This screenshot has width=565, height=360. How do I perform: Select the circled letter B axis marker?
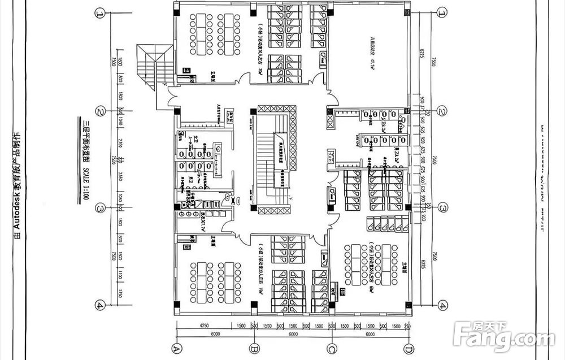[254, 347]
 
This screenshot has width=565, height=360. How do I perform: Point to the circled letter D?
[408, 347]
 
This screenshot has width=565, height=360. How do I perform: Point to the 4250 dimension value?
[205, 327]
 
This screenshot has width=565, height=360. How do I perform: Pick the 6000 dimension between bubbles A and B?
[215, 335]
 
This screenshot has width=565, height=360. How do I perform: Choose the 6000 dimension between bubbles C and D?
[370, 335]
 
